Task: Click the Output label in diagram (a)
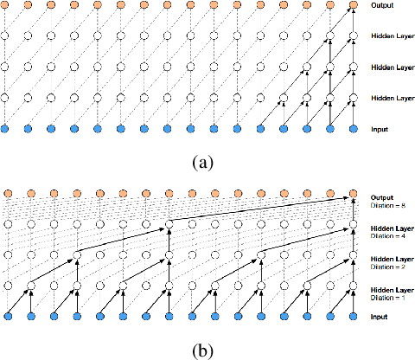point(382,6)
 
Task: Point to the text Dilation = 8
point(388,205)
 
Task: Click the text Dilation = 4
point(388,235)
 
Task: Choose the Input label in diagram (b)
point(380,318)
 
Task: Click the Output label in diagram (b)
point(382,198)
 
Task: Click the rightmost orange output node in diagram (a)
point(352,7)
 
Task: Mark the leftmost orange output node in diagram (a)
point(7,7)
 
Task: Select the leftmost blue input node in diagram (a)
point(7,129)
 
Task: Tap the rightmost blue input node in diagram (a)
point(352,129)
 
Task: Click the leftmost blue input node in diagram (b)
point(7,318)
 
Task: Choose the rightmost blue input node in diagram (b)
point(352,318)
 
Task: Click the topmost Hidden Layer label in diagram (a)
point(391,36)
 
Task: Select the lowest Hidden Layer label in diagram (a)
point(391,98)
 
